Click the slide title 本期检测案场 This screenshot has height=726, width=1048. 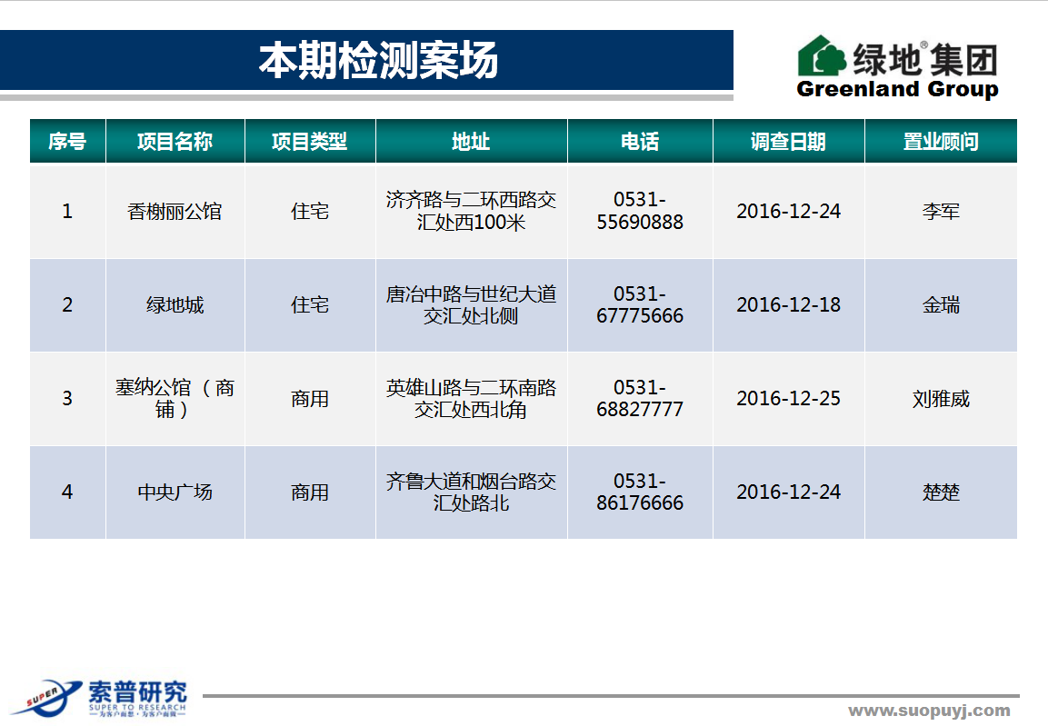(x=378, y=60)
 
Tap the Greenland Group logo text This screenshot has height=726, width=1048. (x=898, y=89)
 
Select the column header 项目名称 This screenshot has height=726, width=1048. (x=175, y=141)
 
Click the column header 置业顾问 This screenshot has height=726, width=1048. (x=941, y=141)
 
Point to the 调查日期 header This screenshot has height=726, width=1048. (x=789, y=141)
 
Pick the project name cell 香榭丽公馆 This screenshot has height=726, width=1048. (x=175, y=212)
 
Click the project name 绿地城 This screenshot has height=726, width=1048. (x=175, y=305)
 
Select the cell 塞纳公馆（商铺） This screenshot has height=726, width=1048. (x=175, y=398)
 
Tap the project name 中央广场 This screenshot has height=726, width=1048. (x=175, y=492)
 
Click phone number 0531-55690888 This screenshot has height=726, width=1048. (x=640, y=211)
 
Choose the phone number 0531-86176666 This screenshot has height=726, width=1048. (x=640, y=492)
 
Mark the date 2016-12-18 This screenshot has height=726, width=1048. (x=789, y=304)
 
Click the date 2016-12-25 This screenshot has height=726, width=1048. (x=789, y=398)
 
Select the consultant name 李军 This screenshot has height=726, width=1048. (x=941, y=212)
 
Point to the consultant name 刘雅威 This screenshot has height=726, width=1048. (x=941, y=399)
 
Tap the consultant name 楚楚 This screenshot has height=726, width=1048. (x=941, y=492)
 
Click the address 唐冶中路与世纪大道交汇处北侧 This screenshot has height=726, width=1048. (x=471, y=304)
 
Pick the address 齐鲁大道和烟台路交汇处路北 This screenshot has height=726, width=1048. (x=471, y=492)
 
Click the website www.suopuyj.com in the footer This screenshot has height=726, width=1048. (x=930, y=711)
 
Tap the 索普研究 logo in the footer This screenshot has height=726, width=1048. (x=100, y=698)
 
